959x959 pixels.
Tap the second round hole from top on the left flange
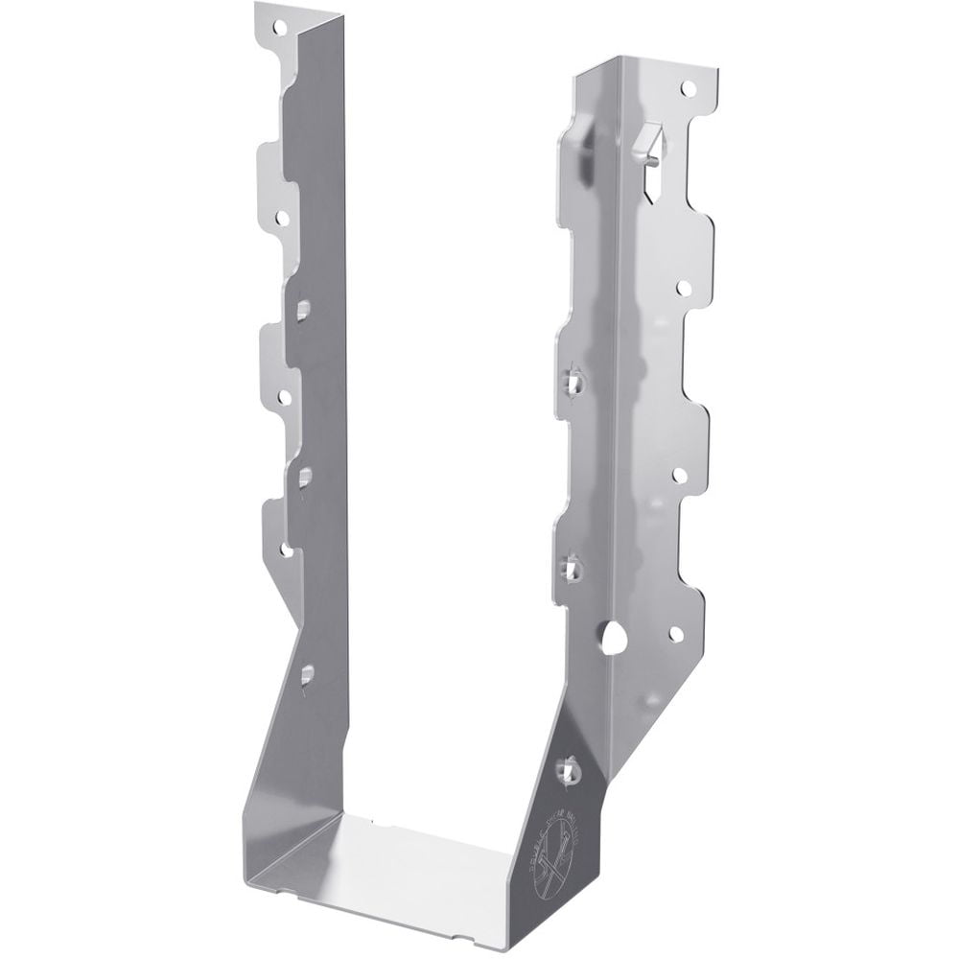click(x=282, y=219)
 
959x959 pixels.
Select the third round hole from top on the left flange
click(x=285, y=394)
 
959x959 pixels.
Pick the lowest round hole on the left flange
click(x=286, y=550)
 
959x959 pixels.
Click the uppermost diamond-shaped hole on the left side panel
click(x=303, y=309)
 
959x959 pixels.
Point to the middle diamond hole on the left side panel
click(x=305, y=475)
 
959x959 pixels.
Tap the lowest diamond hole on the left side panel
click(x=306, y=675)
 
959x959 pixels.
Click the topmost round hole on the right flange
click(x=687, y=88)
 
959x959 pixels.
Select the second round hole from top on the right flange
click(x=683, y=287)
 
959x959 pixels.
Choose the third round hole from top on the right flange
click(x=679, y=475)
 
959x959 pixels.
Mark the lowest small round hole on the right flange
click(x=676, y=633)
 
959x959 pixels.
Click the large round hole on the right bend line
click(x=614, y=636)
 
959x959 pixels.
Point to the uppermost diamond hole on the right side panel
click(x=574, y=381)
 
